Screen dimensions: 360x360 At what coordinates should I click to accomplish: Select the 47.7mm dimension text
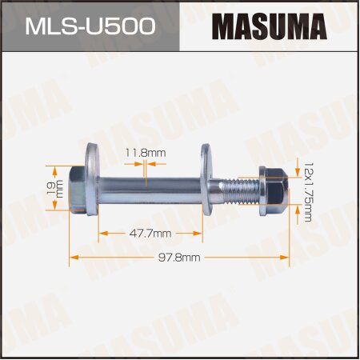coord(150,233)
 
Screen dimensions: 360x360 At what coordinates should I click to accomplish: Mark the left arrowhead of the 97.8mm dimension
coord(74,257)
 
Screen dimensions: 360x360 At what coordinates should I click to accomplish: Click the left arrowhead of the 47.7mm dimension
coord(102,233)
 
